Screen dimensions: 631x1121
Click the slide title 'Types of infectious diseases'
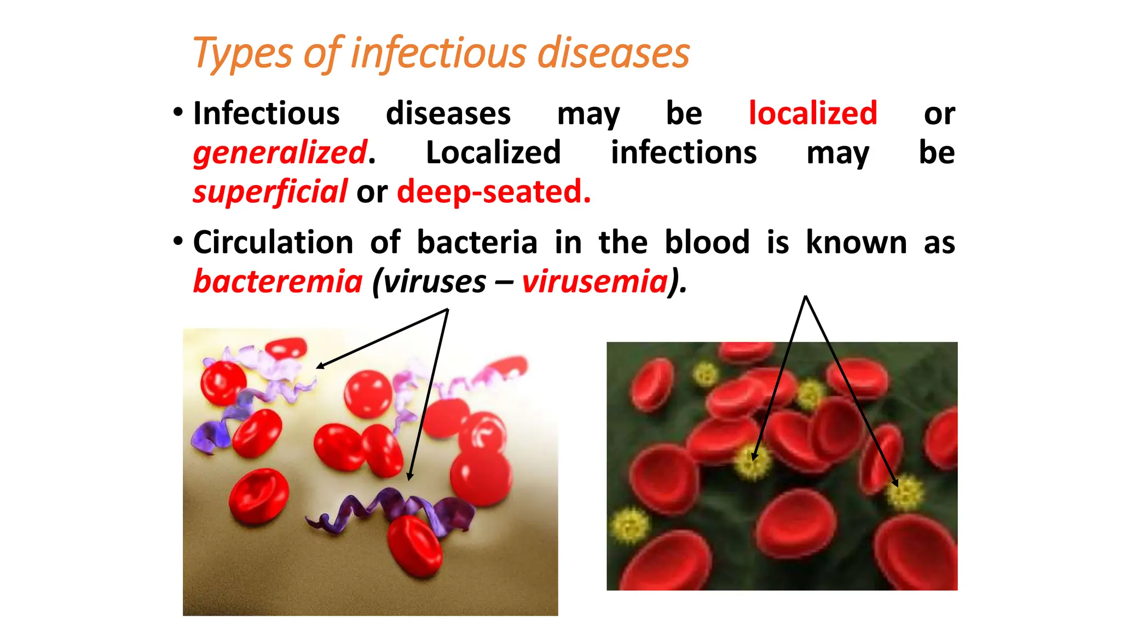coord(441,53)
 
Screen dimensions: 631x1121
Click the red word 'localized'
coord(813,113)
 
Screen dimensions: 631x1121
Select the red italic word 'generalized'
coord(280,152)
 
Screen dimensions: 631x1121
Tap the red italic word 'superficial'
coord(270,192)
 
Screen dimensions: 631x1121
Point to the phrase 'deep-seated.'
coord(494,192)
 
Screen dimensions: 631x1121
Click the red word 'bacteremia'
coord(278,282)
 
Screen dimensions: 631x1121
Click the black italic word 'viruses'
coord(434,282)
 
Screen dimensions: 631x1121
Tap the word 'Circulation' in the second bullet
coord(273,242)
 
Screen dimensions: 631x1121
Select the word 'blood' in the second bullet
coord(707,242)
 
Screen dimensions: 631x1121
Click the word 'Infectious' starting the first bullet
coord(267,113)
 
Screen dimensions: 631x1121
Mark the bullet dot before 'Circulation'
coord(177,241)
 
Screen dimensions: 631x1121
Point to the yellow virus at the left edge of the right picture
coord(629,524)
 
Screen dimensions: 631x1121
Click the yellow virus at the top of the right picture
coord(705,375)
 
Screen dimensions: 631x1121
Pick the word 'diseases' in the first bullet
coord(448,113)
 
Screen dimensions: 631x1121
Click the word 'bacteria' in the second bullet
coord(477,242)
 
